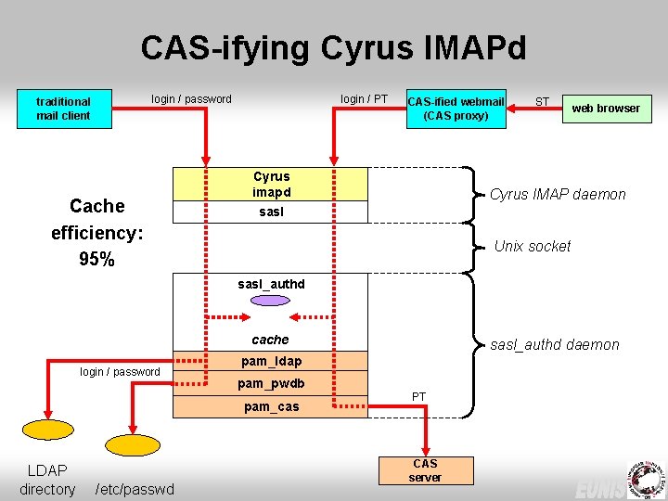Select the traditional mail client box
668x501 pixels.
click(x=63, y=109)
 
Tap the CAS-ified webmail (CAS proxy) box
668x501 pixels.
click(x=456, y=109)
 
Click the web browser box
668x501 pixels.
click(x=605, y=109)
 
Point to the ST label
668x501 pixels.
click(x=543, y=101)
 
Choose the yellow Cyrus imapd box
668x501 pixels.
click(x=271, y=184)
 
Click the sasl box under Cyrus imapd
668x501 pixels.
click(x=271, y=212)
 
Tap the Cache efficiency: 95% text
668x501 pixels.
click(x=96, y=232)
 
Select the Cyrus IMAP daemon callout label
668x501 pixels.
click(x=558, y=194)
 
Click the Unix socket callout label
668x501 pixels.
click(x=533, y=246)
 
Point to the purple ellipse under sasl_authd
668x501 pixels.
click(x=271, y=301)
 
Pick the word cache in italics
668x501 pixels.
click(x=271, y=340)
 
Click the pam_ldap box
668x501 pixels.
click(x=271, y=361)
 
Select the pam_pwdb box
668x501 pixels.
click(x=271, y=383)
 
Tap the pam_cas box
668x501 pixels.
click(x=271, y=406)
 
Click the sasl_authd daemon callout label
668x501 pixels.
click(x=555, y=344)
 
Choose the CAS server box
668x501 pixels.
click(x=425, y=469)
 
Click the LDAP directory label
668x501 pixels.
click(x=47, y=480)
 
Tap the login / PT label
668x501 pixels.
click(x=364, y=98)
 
